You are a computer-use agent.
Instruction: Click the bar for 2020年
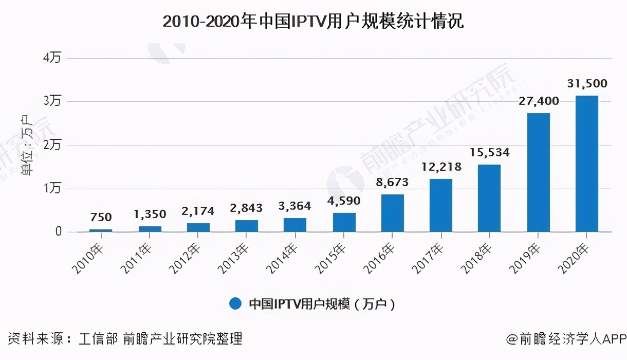586,164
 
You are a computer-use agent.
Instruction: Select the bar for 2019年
538,172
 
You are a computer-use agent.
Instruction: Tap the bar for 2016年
392,213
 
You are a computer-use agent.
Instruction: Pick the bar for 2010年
101,230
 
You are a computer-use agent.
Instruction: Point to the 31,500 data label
586,83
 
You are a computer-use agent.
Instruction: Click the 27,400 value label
538,101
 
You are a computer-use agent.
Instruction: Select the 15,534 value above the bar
489,152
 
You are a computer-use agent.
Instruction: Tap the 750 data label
101,218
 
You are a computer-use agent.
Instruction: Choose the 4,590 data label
344,201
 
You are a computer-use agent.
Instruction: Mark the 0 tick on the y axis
58,232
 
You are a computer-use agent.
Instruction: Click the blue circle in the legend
235,304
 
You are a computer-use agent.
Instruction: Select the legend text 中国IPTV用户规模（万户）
322,304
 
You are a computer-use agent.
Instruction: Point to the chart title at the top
313,22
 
